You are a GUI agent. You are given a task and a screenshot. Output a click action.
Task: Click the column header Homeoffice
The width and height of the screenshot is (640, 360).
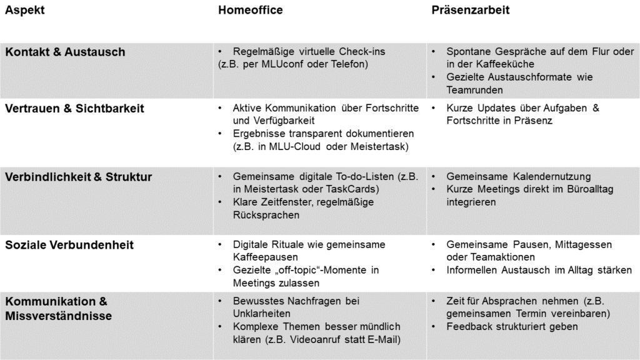click(x=250, y=10)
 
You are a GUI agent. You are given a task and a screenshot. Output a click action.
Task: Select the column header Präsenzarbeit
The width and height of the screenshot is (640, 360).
click(x=471, y=10)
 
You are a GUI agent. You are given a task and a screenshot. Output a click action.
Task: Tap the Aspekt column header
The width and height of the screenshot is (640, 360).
click(x=24, y=10)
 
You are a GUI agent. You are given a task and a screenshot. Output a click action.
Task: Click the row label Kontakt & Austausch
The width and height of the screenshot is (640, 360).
click(x=65, y=52)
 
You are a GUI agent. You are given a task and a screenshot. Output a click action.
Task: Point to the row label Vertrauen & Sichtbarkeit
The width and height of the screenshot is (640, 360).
click(x=74, y=108)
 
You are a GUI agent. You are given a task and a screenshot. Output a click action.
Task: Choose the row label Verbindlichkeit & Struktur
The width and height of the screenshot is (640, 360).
click(x=79, y=177)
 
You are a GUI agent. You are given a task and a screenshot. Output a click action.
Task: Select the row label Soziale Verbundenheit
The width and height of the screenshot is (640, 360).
click(x=69, y=245)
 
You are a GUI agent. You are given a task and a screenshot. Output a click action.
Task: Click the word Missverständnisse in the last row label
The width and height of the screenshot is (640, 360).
click(x=59, y=316)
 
